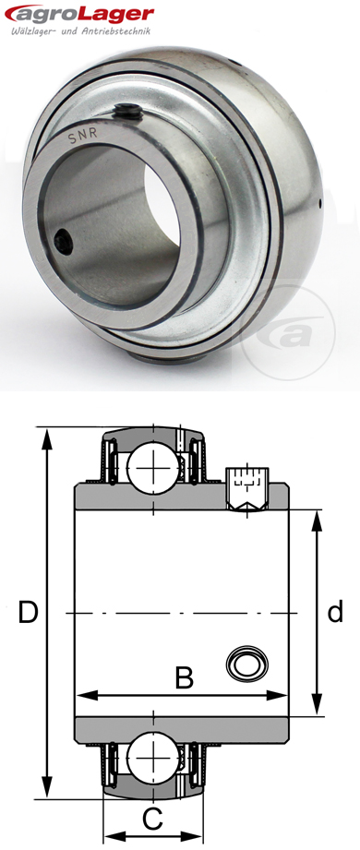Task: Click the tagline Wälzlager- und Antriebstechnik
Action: click(76, 35)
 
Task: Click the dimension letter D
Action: click(28, 612)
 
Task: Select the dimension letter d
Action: click(336, 612)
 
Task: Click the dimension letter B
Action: click(184, 678)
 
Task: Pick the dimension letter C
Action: click(153, 816)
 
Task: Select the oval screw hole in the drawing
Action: click(248, 662)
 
